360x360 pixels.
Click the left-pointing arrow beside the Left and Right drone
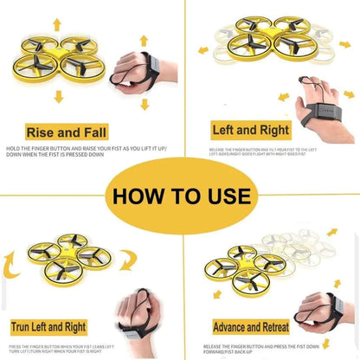pos(202,50)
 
